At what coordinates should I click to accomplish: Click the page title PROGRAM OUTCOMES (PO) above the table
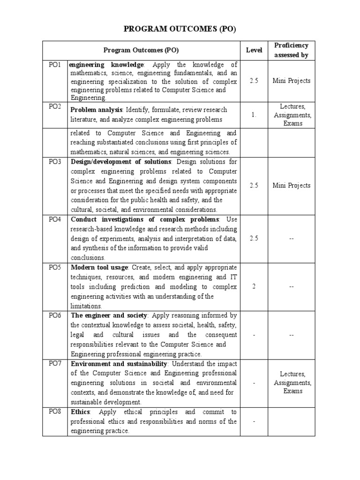[x=180, y=29]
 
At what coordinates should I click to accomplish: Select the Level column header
[x=254, y=50]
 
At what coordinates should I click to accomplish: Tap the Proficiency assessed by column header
[x=291, y=50]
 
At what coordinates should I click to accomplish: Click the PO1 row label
[x=55, y=65]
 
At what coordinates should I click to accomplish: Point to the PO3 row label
[x=55, y=162]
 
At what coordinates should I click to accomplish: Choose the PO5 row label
[x=55, y=267]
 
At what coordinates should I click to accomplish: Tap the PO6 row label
[x=55, y=315]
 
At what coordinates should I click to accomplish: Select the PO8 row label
[x=55, y=412]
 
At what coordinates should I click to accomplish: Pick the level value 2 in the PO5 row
[x=254, y=286]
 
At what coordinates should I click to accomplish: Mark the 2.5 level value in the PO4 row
[x=254, y=238]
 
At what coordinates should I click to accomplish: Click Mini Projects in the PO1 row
[x=291, y=81]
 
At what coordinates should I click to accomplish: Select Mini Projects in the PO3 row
[x=291, y=185]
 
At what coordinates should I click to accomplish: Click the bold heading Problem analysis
[x=96, y=110]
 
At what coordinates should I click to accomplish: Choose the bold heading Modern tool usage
[x=99, y=267]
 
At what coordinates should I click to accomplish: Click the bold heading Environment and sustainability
[x=119, y=364]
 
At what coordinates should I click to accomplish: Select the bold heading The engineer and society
[x=109, y=315]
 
